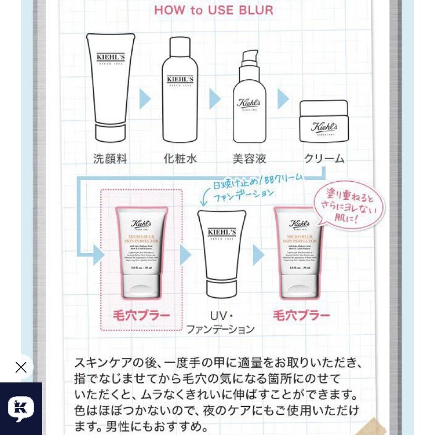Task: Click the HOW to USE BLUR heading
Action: (x=213, y=10)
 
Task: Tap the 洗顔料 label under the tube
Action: (x=110, y=158)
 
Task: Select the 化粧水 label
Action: (x=180, y=158)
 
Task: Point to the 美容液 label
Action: (x=249, y=158)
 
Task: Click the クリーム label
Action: (x=324, y=158)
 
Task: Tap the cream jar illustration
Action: (x=324, y=121)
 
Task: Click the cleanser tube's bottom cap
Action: (x=110, y=133)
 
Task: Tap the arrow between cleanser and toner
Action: (x=145, y=99)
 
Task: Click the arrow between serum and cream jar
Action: (x=283, y=99)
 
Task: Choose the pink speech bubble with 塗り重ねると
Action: (x=348, y=205)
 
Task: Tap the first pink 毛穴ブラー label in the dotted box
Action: (x=141, y=315)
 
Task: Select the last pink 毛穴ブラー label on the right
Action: (x=301, y=315)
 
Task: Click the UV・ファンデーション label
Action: (x=221, y=322)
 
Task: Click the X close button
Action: (x=20, y=367)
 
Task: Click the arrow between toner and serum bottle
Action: (x=215, y=99)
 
